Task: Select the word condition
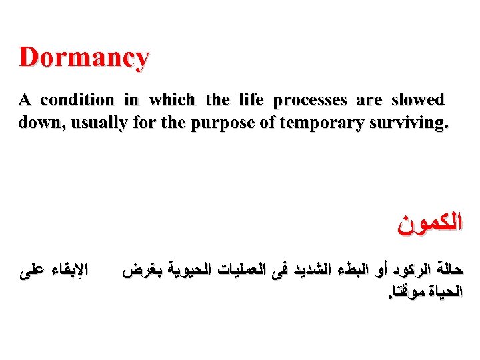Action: [77, 101]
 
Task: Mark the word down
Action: [37, 123]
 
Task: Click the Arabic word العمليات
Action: [253, 273]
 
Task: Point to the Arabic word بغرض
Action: [141, 273]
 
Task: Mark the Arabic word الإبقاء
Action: [67, 273]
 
